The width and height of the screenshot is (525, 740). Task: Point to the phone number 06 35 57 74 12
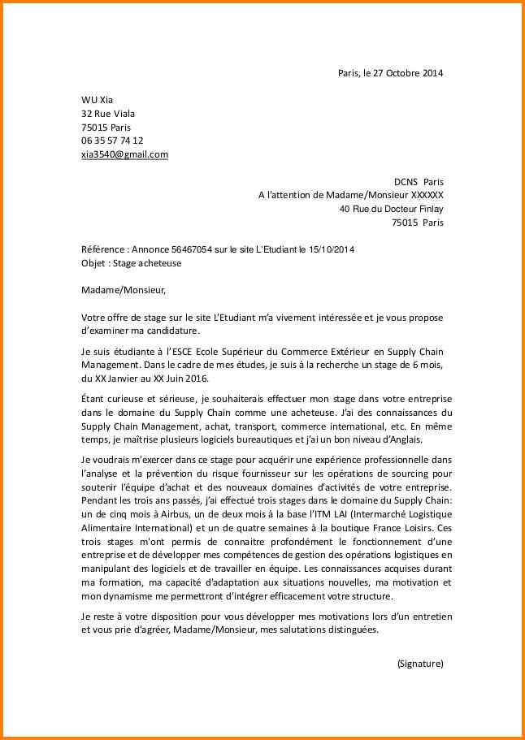pyautogui.click(x=112, y=141)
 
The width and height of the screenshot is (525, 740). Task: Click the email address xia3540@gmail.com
pyautogui.click(x=124, y=154)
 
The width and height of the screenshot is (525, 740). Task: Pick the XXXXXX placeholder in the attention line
pyautogui.click(x=427, y=196)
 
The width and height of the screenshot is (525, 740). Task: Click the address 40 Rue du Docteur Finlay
pyautogui.click(x=392, y=209)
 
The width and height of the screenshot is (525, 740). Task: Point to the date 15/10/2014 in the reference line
pyautogui.click(x=331, y=250)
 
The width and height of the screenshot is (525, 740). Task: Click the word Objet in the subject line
pyautogui.click(x=94, y=263)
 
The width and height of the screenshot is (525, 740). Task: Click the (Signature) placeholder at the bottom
pyautogui.click(x=420, y=663)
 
